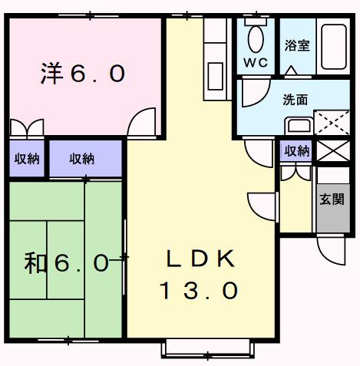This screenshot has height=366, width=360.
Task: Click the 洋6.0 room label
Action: click(x=82, y=74)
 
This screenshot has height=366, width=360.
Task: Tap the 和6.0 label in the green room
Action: click(x=67, y=263)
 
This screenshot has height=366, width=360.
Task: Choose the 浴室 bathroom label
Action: click(x=297, y=45)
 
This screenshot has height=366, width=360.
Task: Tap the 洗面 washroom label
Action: click(x=295, y=99)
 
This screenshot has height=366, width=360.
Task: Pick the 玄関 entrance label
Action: click(x=332, y=199)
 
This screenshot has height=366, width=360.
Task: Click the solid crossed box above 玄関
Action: click(x=332, y=152)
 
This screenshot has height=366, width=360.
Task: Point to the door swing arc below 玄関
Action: click(x=332, y=250)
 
